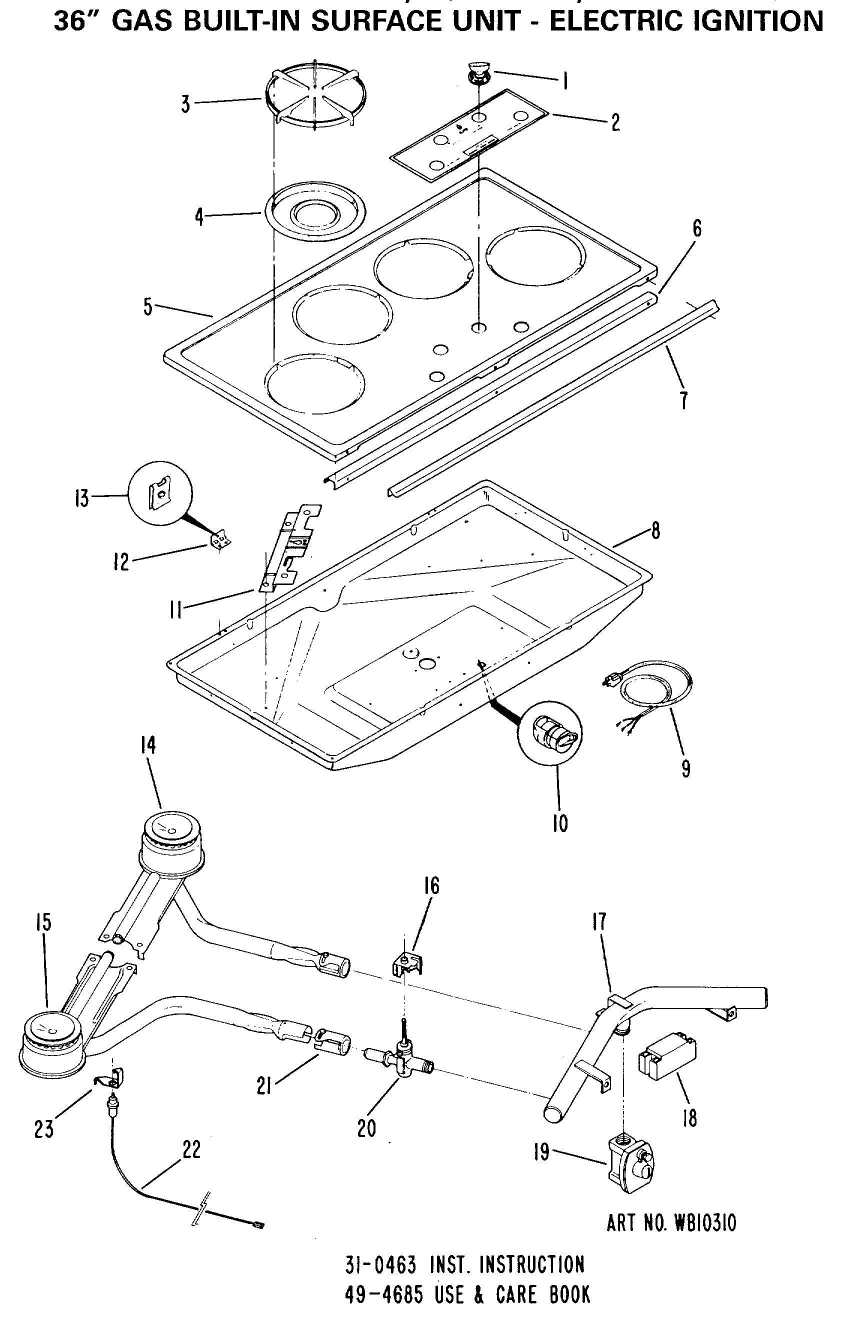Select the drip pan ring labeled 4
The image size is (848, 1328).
coord(314,212)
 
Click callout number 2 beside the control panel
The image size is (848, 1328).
coord(615,122)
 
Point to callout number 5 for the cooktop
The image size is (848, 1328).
coord(148,307)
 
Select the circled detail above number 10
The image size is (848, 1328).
coord(549,734)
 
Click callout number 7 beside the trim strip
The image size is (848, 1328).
coord(683,400)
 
